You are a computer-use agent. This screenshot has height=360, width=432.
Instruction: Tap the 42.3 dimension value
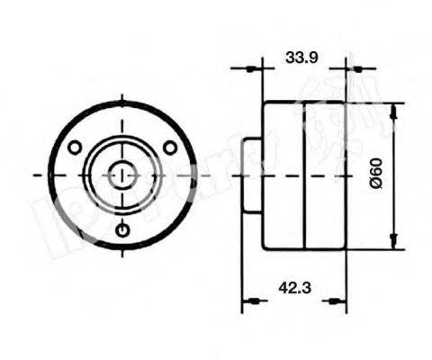pos(288,289)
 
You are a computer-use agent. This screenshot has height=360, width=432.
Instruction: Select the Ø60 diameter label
pos(376,173)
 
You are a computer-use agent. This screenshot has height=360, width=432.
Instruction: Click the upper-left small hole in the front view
pos(76,147)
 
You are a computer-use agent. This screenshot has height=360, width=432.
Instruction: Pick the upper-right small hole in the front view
pos(168,147)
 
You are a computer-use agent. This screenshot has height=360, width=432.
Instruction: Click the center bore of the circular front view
pos(122,174)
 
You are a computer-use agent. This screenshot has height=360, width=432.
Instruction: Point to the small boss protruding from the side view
pos(253,175)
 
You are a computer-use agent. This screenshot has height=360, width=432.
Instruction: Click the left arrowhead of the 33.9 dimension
pos(255,67)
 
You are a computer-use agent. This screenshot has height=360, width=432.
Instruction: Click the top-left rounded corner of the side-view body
pos(265,104)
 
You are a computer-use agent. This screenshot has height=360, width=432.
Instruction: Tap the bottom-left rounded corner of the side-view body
pos(265,246)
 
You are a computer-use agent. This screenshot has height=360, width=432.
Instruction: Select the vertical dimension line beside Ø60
pos(394,207)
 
